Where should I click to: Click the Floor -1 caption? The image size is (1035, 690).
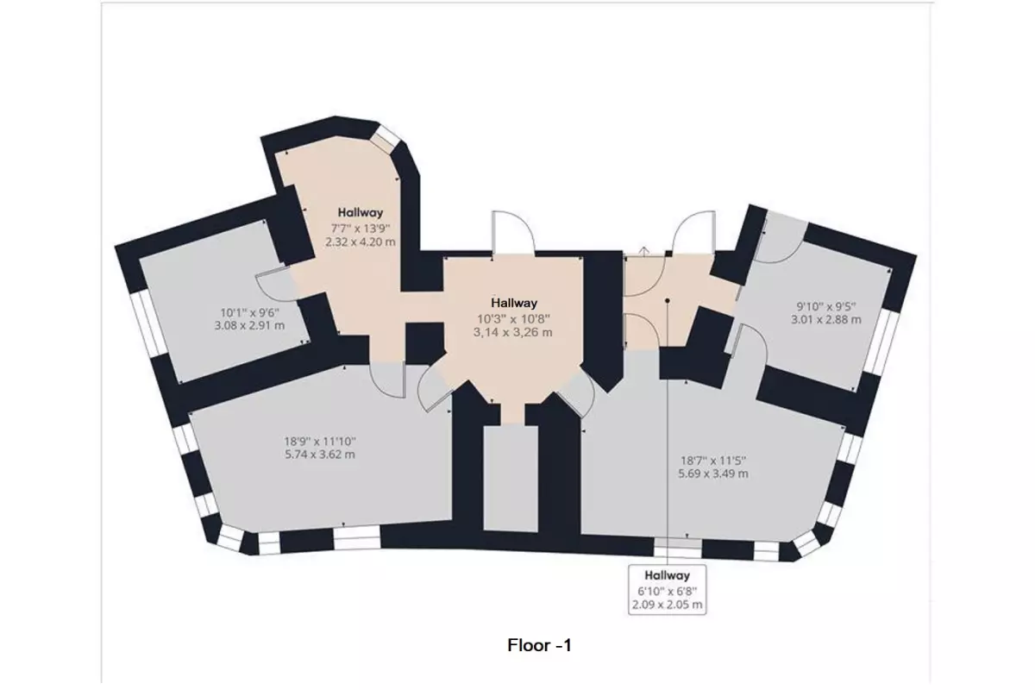click(539, 645)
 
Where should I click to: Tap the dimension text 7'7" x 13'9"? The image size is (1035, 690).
click(361, 229)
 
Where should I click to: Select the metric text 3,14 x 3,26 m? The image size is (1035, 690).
click(512, 332)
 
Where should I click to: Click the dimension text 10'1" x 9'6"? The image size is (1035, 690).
click(249, 312)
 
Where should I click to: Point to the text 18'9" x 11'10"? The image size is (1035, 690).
click(320, 442)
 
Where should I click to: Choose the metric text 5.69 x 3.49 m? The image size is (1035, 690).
click(713, 474)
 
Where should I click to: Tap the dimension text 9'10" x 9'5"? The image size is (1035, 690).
click(826, 306)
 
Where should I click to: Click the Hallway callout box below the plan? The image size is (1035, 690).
click(668, 590)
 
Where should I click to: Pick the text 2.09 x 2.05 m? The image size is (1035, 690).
click(668, 605)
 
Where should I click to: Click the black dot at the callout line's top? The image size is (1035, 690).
click(668, 301)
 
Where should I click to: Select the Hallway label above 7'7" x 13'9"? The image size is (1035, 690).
click(361, 213)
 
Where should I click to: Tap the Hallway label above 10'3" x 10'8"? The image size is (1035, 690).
click(514, 304)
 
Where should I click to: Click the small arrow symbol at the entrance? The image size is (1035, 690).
click(644, 251)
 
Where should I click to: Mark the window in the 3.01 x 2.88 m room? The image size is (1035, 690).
click(881, 341)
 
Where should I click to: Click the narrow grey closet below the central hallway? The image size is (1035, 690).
click(511, 479)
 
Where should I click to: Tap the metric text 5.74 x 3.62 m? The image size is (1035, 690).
click(320, 455)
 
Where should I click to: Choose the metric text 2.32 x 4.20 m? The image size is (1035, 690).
click(361, 241)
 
